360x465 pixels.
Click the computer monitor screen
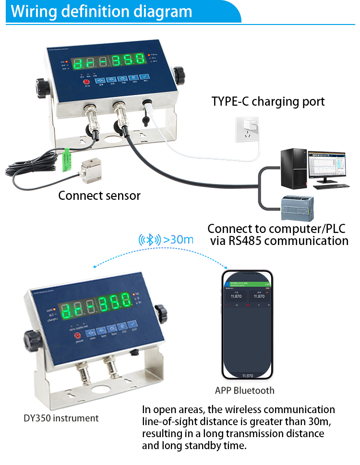point(327,165)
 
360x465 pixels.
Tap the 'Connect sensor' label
point(99,196)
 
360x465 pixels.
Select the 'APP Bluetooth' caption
point(245,390)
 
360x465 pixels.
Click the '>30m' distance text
point(178,239)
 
